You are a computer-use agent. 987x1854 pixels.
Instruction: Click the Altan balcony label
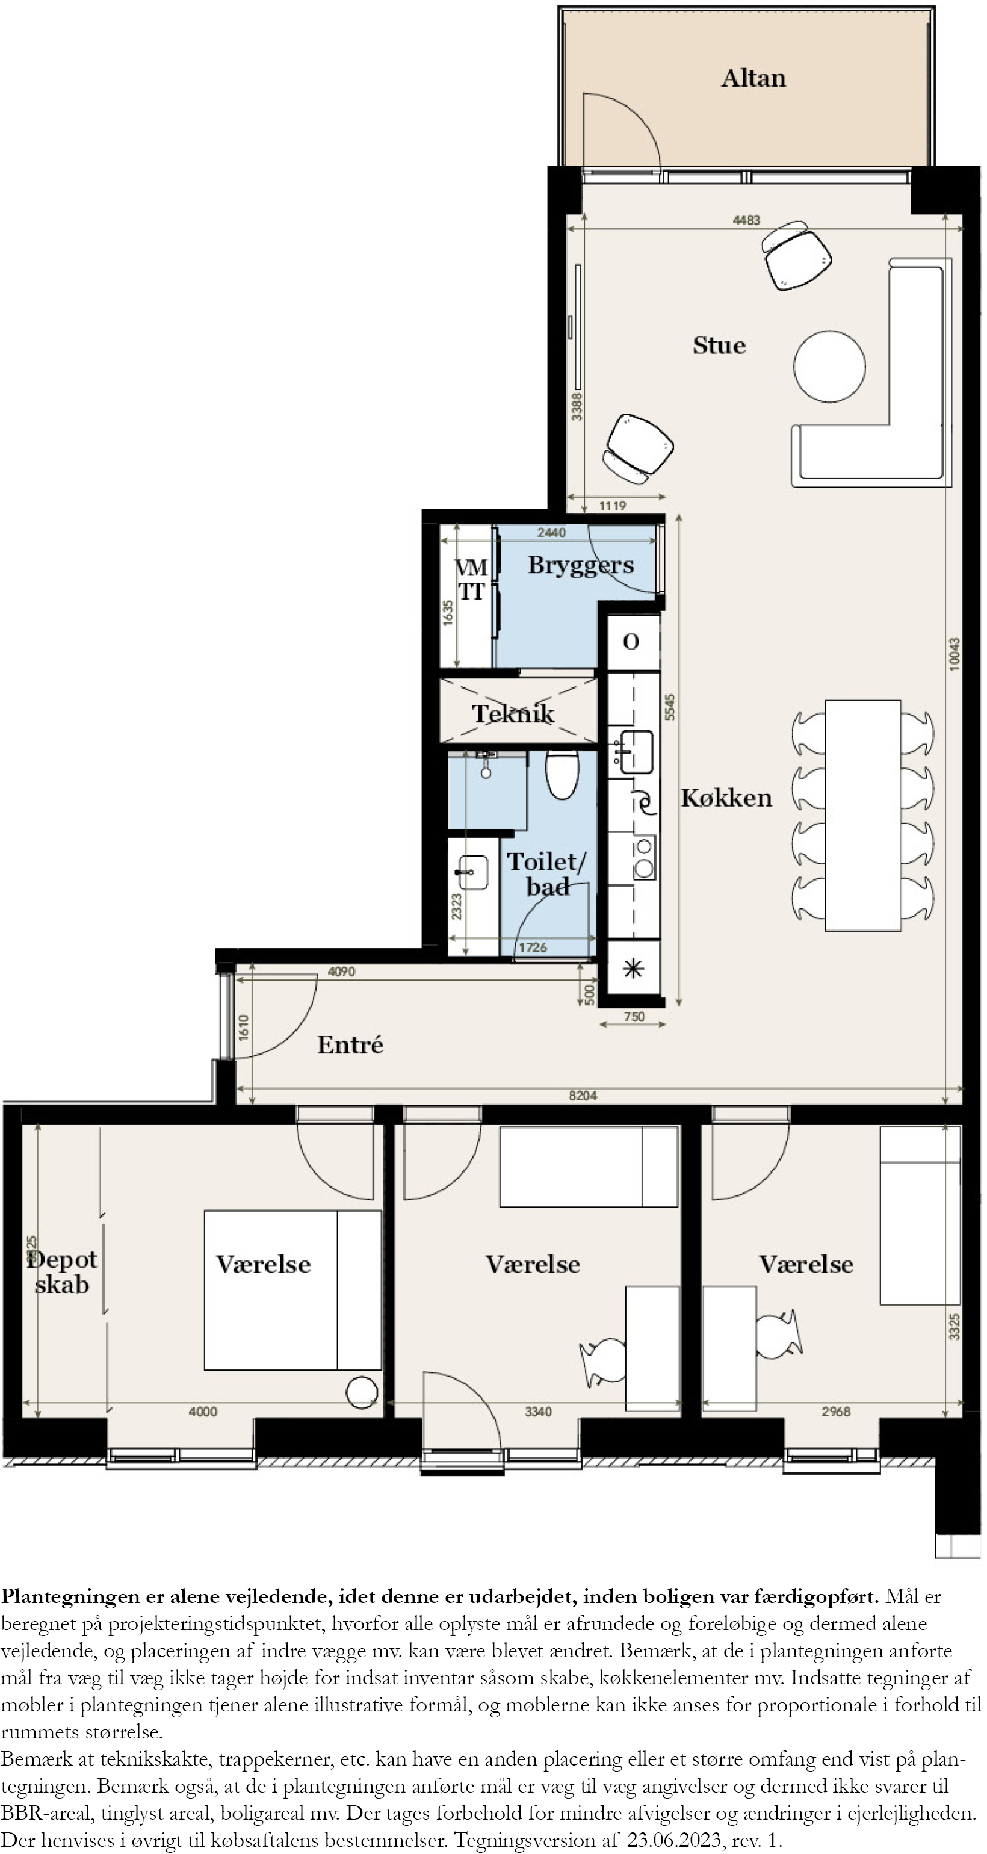tap(753, 78)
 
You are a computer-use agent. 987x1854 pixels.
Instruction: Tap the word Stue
tap(719, 346)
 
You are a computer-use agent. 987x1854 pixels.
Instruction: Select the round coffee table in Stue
tap(829, 367)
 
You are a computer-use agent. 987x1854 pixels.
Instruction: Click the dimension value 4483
tap(746, 220)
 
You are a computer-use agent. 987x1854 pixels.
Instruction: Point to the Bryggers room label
tap(581, 566)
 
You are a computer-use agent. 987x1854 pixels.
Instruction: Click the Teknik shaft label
tap(513, 713)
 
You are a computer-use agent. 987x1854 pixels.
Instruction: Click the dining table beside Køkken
tap(862, 816)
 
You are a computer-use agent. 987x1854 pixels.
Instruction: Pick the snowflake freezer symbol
tap(633, 968)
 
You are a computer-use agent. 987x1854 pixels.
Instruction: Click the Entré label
tap(350, 1044)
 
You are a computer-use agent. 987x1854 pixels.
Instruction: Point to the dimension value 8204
tap(583, 1096)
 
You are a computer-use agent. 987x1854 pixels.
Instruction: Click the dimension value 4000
tap(203, 1412)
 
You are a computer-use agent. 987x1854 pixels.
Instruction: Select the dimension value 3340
tap(538, 1412)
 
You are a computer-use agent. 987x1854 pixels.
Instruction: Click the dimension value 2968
tap(836, 1412)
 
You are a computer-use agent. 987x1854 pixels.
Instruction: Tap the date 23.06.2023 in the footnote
tap(674, 1839)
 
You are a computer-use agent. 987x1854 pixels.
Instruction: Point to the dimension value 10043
tap(955, 654)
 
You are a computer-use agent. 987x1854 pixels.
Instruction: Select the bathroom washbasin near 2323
tap(472, 872)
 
